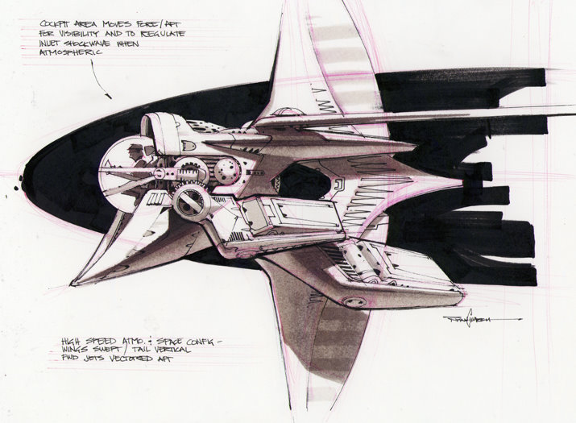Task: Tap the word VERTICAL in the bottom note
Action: [x=190, y=350]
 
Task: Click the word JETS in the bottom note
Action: [x=107, y=362]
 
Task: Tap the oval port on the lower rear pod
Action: [x=352, y=300]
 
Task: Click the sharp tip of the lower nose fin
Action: [x=73, y=284]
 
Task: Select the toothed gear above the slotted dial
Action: [x=192, y=172]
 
